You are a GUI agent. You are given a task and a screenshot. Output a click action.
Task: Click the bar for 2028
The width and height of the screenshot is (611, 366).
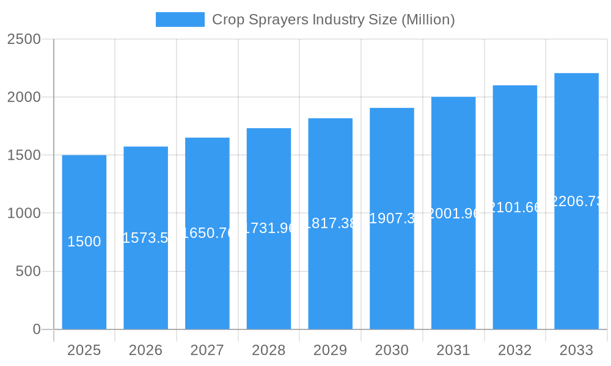pos(269,281)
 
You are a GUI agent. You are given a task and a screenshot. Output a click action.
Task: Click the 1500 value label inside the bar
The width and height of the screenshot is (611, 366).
pos(84,242)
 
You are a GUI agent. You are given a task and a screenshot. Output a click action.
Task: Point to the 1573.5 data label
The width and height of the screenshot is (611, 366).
pos(145,238)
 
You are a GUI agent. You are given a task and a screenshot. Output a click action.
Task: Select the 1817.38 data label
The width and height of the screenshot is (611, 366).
pos(330,223)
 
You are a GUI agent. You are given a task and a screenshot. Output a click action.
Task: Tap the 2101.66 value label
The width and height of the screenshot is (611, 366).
pos(515,207)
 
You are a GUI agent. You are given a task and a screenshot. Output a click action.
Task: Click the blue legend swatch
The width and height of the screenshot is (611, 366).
pos(180,20)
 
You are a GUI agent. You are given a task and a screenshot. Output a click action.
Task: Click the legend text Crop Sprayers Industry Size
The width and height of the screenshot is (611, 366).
pos(333,20)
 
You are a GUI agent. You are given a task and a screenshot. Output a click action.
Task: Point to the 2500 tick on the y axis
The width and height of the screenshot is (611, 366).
pos(24,39)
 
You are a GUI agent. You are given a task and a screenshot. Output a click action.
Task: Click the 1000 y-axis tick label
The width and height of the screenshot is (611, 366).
pos(24,213)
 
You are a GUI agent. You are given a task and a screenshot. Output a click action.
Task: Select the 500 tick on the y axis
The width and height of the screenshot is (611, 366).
pos(27,271)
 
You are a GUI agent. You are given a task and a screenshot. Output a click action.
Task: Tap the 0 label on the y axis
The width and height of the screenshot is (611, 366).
pos(36,329)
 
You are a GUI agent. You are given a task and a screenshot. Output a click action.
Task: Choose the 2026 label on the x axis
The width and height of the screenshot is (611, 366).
pos(145,350)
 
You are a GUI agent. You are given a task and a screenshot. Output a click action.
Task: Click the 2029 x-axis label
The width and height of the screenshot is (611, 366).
pos(330,350)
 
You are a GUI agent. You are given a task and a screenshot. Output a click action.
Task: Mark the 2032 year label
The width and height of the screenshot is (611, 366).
pos(515,350)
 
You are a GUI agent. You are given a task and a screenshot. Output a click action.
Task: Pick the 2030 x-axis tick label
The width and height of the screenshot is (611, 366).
pos(392,350)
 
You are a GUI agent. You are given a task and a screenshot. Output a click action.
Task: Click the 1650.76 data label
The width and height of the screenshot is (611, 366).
pos(207,233)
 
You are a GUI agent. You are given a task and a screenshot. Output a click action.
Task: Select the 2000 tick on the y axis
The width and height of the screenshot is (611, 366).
pos(24,97)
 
